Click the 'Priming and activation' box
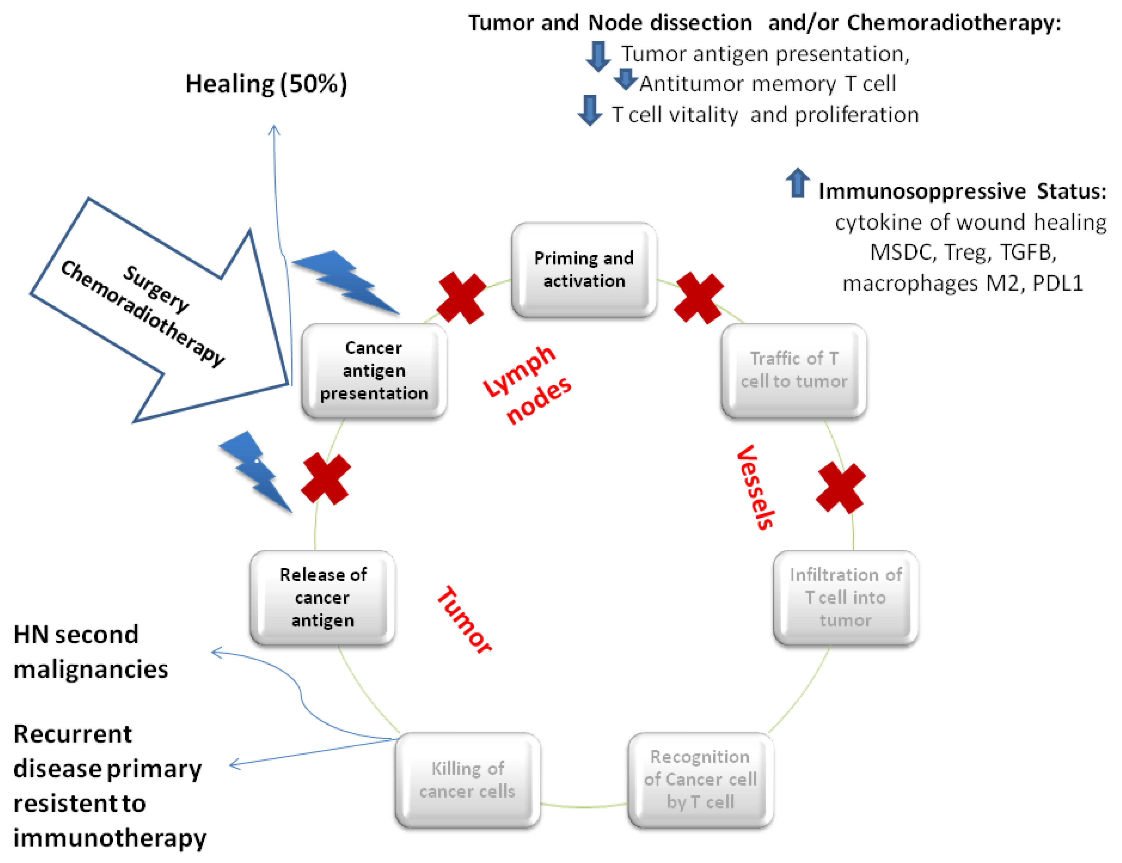[584, 270]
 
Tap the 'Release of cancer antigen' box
[322, 597]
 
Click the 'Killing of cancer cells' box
[468, 780]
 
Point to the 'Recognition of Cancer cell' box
[701, 780]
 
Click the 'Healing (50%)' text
[266, 84]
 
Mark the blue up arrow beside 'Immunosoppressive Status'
[797, 182]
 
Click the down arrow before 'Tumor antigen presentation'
[598, 57]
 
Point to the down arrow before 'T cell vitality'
[590, 110]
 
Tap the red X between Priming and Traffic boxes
[699, 298]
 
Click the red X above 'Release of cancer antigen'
[326, 478]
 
